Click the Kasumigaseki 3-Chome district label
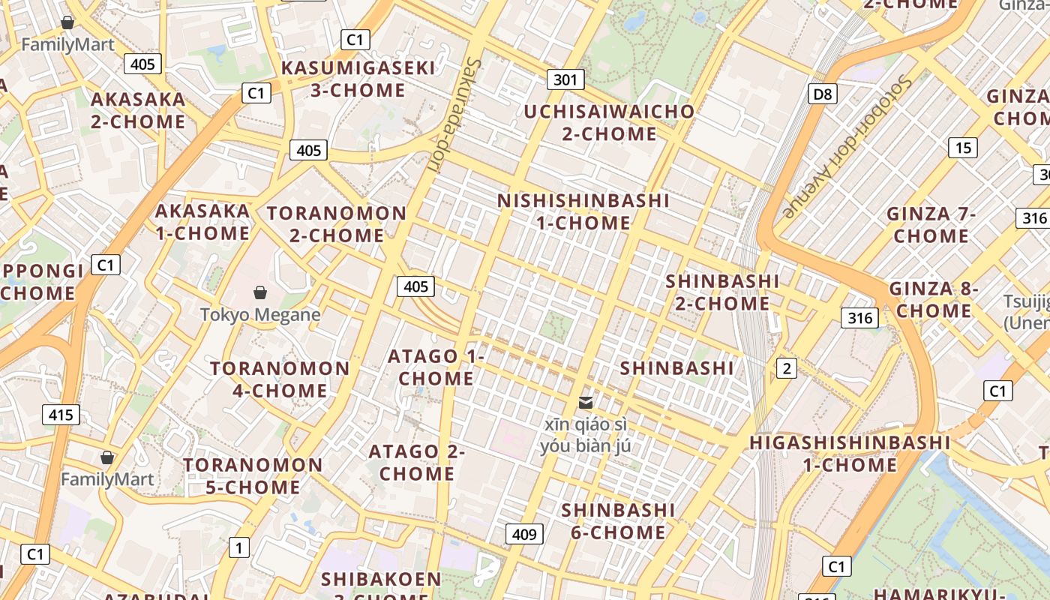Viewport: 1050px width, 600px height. point(358,79)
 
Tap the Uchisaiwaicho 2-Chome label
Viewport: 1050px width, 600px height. point(609,123)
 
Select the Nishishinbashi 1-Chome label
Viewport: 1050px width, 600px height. point(583,211)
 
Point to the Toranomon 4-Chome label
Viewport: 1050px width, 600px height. point(280,379)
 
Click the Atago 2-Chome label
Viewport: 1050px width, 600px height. point(417,463)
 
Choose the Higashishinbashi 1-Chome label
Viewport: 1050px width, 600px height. point(850,454)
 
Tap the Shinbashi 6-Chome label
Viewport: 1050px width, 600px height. point(618,521)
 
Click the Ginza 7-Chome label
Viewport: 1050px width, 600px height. point(931,225)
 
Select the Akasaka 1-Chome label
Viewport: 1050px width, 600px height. point(202,222)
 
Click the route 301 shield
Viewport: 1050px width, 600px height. point(565,79)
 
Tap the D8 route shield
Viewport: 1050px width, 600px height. point(823,94)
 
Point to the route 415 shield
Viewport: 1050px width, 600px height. point(61,415)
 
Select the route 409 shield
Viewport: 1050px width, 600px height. point(524,534)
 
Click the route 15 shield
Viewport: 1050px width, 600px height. point(963,148)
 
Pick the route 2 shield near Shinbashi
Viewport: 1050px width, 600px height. point(786,367)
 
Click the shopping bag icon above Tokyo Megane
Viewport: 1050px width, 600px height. point(260,292)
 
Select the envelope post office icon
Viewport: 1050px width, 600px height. point(586,403)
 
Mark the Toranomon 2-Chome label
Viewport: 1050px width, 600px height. point(337,224)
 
